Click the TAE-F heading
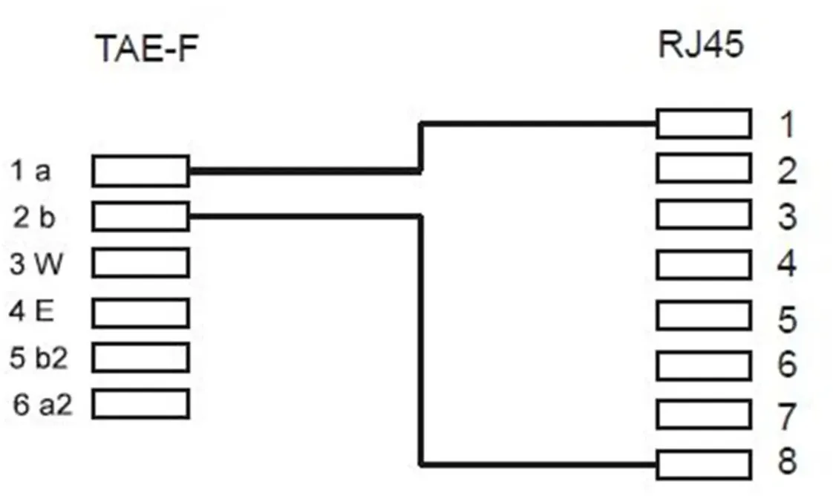[148, 48]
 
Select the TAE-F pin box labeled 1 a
[141, 171]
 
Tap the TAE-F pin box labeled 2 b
[141, 216]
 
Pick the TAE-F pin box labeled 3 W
[141, 262]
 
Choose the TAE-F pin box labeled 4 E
[141, 313]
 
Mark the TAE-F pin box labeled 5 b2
[141, 357]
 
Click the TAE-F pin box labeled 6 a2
[141, 404]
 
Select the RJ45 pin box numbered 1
[704, 124]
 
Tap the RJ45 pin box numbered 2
[704, 168]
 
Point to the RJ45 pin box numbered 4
[704, 264]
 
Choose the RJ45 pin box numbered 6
[704, 365]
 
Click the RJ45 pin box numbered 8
[704, 465]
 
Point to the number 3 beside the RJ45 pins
[787, 216]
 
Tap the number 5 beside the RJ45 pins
[787, 319]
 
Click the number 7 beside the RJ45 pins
[787, 417]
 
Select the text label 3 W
[36, 263]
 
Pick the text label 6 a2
[42, 405]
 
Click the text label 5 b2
[39, 357]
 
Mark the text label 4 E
[31, 310]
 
